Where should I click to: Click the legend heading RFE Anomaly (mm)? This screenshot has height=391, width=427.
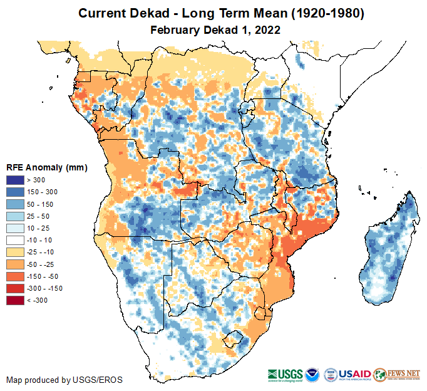click(46, 168)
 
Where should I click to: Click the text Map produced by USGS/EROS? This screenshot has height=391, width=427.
click(64, 380)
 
